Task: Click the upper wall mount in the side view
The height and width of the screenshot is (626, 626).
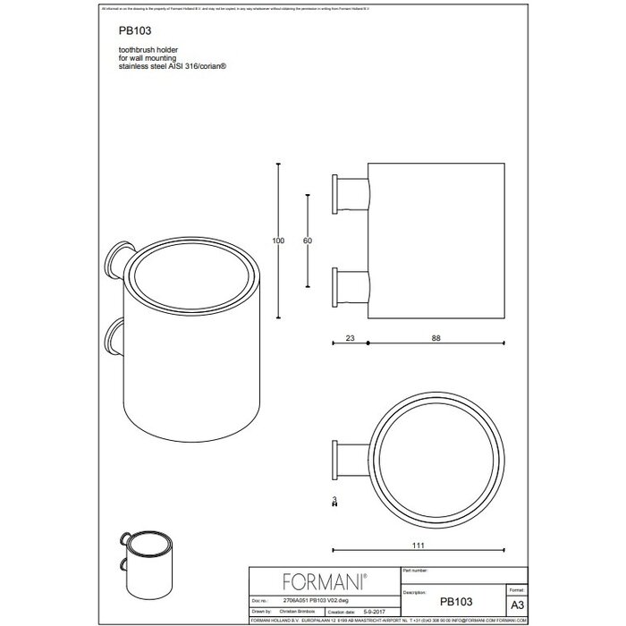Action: click(x=350, y=193)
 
